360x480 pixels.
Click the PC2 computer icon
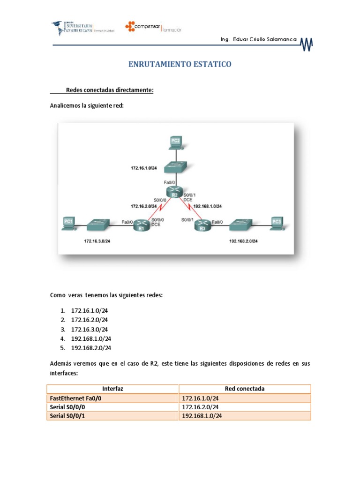pyautogui.click(x=176, y=142)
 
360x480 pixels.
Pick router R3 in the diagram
pyautogui.click(x=202, y=227)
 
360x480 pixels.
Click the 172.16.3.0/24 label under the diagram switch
pyautogui.click(x=97, y=241)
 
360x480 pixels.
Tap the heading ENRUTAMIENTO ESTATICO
pyautogui.click(x=180, y=64)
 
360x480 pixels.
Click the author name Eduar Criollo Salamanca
pyautogui.click(x=258, y=40)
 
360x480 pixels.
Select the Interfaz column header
pyautogui.click(x=112, y=389)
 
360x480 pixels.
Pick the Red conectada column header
pyautogui.click(x=245, y=389)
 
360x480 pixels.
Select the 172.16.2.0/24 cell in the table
pyautogui.click(x=201, y=407)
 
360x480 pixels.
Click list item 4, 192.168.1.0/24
pyautogui.click(x=91, y=338)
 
